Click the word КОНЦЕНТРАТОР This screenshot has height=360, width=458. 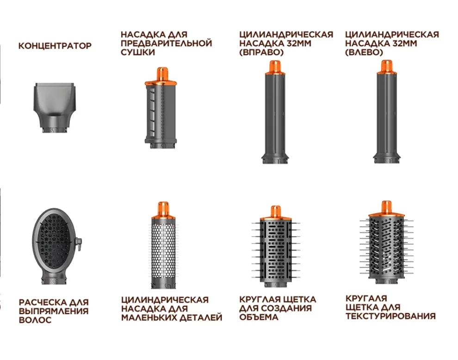[55, 46]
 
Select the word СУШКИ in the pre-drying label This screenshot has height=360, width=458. [137, 52]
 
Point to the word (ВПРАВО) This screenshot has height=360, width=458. [261, 52]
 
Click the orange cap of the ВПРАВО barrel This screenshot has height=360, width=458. [275, 68]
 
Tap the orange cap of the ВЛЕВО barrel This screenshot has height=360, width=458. [387, 67]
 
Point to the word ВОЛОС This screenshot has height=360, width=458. [35, 320]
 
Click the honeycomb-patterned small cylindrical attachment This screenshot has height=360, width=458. [163, 245]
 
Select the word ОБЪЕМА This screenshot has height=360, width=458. [259, 317]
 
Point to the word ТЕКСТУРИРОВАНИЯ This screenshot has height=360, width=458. [390, 316]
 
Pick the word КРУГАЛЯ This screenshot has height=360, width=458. [366, 298]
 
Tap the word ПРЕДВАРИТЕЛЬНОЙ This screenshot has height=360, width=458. [166, 43]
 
